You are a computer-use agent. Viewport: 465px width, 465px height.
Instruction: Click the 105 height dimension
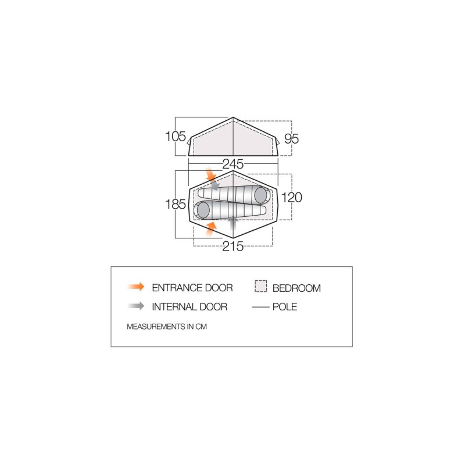(x=175, y=137)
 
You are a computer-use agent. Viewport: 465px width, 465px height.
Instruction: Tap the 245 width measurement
(x=233, y=164)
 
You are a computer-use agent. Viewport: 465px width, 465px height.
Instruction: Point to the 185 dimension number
(x=175, y=205)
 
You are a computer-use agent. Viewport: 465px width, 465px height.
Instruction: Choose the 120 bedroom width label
(x=292, y=198)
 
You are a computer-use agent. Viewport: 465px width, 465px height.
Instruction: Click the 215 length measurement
(x=233, y=246)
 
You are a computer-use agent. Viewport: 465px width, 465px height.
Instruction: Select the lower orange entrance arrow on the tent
(x=210, y=228)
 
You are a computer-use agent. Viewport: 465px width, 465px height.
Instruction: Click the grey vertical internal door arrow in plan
(x=233, y=221)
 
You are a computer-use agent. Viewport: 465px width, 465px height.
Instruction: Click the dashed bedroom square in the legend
(x=261, y=287)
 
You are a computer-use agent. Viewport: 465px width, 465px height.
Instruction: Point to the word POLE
(x=285, y=307)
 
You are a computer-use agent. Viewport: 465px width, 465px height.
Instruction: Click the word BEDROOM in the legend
(x=296, y=288)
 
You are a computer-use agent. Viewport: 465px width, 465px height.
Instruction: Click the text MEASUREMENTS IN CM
(x=167, y=327)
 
